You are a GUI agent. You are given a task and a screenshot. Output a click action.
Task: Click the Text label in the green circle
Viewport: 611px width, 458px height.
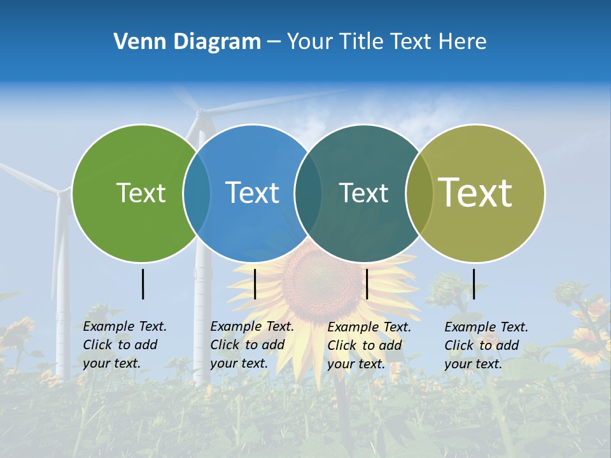(x=141, y=193)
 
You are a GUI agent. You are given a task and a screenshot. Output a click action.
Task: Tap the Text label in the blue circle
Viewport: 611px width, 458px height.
(x=253, y=193)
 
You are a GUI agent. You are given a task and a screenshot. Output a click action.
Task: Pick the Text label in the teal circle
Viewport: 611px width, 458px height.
(x=363, y=193)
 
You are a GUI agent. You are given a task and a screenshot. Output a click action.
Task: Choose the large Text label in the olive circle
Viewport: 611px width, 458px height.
(x=475, y=193)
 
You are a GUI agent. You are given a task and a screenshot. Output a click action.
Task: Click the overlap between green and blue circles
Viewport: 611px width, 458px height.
(x=197, y=193)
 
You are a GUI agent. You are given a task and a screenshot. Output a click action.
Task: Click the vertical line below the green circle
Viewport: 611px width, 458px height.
(x=143, y=284)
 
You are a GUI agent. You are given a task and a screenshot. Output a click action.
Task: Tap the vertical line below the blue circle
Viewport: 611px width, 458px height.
(x=255, y=284)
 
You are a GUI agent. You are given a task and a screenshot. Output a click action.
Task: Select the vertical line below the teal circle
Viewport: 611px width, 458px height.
(x=367, y=284)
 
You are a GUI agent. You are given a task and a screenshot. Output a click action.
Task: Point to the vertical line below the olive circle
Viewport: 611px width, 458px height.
(x=474, y=284)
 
